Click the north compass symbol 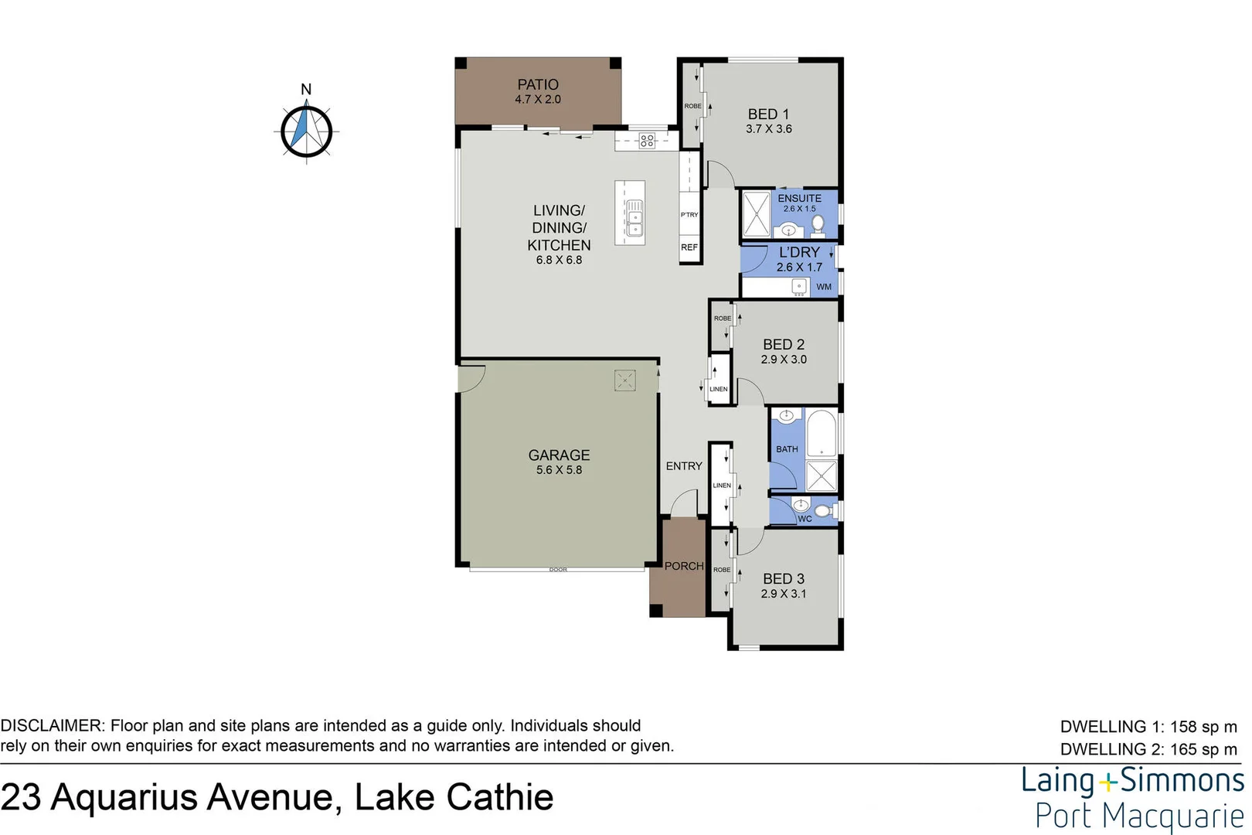point(307,131)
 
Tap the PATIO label point(538,84)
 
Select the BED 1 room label point(768,114)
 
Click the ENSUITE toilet point(818,225)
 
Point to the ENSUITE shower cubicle point(757,213)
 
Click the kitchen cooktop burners point(647,141)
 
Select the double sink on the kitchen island point(635,217)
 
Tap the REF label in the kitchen point(689,247)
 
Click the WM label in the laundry point(824,287)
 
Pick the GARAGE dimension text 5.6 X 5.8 point(559,470)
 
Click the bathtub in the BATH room point(822,434)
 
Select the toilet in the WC point(824,510)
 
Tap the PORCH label point(684,566)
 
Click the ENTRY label point(684,466)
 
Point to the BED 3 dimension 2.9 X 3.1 point(783,594)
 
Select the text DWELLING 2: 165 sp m point(1148,749)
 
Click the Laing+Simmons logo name point(1132,781)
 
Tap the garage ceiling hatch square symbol point(624,380)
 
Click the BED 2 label point(783,344)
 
